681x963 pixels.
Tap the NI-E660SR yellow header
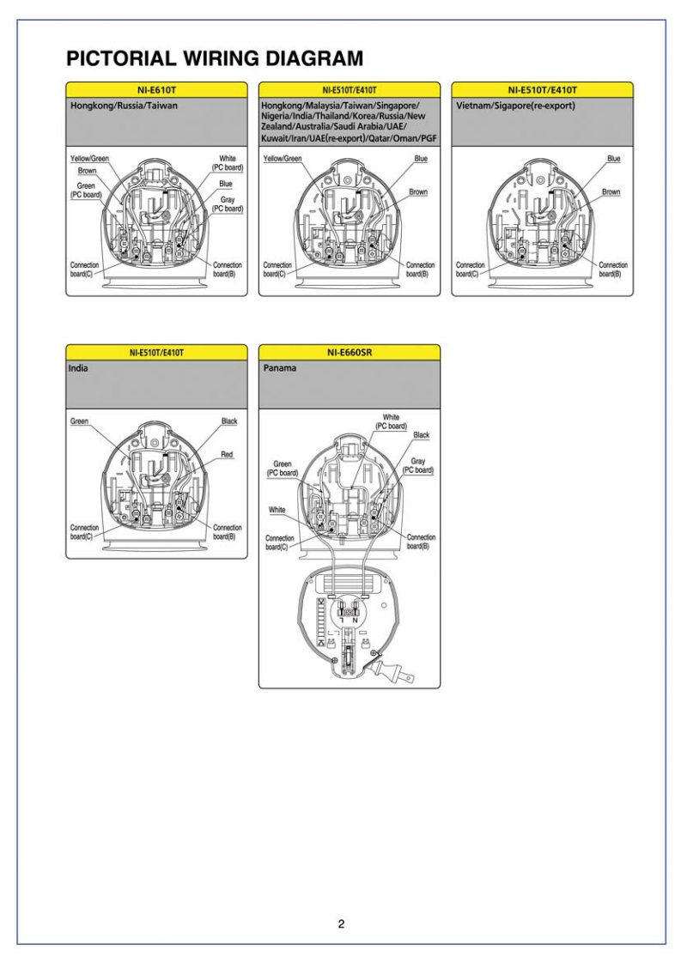[x=349, y=352]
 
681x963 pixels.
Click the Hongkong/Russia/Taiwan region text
[x=124, y=106]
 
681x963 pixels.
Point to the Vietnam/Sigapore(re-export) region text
[x=514, y=106]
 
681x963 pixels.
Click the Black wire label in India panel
[x=229, y=422]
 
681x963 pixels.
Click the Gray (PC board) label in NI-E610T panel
[x=228, y=204]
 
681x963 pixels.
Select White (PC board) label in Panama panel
[x=391, y=421]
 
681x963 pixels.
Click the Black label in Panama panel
[x=421, y=435]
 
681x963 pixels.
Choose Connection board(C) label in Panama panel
[x=283, y=542]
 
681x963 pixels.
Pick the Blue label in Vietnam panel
[x=613, y=159]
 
